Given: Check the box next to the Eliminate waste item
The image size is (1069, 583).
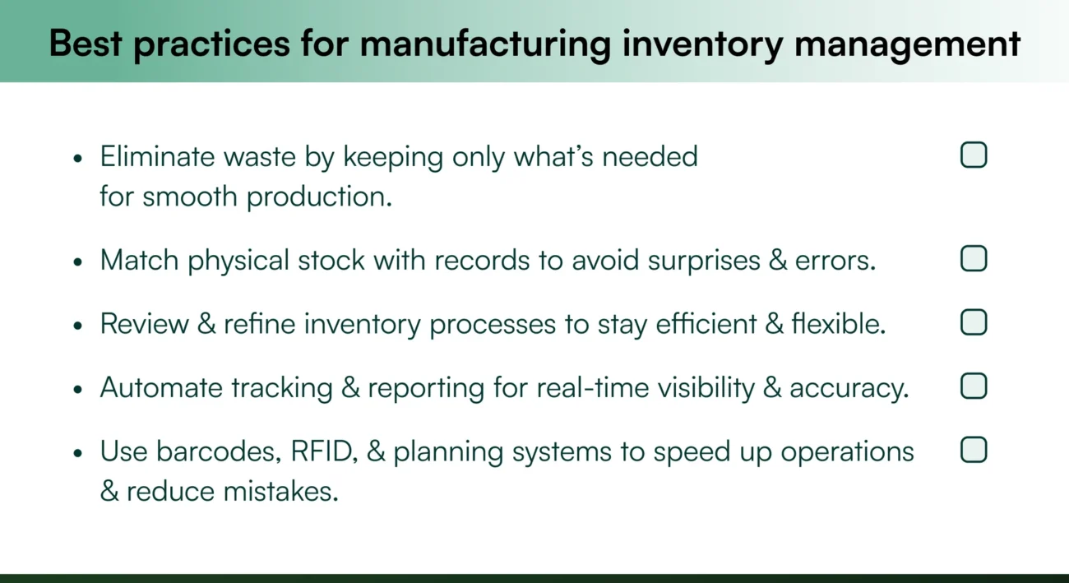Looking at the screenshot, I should (x=974, y=155).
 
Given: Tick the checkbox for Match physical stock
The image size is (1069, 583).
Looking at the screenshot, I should (x=974, y=259).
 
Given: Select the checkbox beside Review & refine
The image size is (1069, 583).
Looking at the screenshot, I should (x=974, y=322).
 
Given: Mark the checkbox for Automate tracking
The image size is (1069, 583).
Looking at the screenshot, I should (x=974, y=386).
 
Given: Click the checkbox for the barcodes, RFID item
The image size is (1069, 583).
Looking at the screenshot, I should (x=974, y=450).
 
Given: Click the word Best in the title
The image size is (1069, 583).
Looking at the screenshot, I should (x=85, y=43).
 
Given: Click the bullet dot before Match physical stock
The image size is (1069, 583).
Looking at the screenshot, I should (x=78, y=261).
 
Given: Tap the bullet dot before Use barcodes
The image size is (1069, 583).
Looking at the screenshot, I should (x=78, y=453).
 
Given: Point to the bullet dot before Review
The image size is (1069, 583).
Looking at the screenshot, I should (x=78, y=325).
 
